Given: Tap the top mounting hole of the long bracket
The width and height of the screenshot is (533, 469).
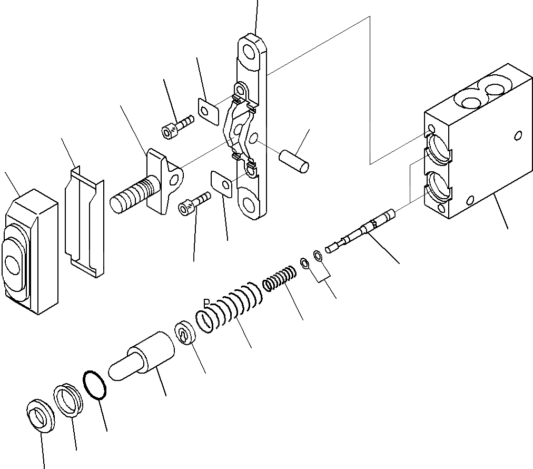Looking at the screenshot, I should pyautogui.click(x=251, y=52).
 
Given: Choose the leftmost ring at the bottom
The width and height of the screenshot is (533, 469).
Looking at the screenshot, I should pyautogui.click(x=40, y=416).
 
